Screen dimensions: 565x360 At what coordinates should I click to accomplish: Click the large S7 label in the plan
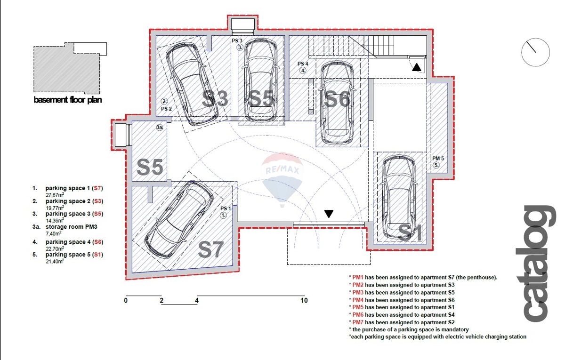(211, 249)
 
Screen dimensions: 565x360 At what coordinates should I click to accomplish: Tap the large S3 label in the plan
(215, 98)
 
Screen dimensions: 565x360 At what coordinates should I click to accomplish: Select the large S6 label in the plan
(337, 99)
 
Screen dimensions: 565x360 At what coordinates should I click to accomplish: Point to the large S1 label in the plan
(410, 232)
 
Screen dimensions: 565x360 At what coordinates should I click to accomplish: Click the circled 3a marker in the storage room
(160, 128)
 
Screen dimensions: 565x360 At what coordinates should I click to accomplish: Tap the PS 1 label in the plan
(226, 208)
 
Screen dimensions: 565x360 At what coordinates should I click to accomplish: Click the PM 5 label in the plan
(438, 158)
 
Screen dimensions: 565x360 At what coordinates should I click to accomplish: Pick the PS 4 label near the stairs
(303, 64)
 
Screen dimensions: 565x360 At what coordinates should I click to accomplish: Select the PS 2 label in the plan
(167, 109)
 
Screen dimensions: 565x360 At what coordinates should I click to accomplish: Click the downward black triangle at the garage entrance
(329, 214)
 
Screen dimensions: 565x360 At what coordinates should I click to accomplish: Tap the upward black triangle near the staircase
(416, 67)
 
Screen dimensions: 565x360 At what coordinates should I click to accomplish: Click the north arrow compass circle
(535, 52)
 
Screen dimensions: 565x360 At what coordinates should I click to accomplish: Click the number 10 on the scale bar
(304, 301)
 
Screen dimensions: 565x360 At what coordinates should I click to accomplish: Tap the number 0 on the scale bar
(126, 301)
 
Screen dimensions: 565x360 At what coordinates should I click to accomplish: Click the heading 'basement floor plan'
(68, 100)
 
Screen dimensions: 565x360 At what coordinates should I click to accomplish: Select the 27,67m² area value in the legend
(55, 195)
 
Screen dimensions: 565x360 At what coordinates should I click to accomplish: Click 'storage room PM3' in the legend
(72, 227)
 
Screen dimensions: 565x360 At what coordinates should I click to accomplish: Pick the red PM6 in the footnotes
(358, 315)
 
